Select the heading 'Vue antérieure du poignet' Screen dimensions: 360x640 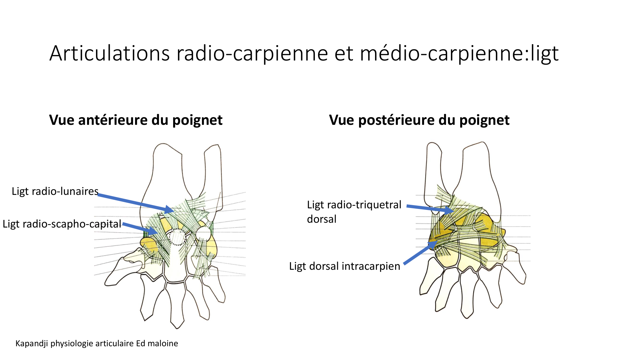coord(136,120)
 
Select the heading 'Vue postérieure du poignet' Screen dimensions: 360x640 coord(419,120)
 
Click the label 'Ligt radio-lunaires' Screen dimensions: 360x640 coord(55,191)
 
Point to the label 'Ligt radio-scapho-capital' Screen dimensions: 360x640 coord(62,224)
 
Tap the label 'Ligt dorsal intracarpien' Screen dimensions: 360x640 coord(344,266)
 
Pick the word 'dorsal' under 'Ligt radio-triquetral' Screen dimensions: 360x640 coord(322,219)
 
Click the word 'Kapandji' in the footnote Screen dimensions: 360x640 coord(32,344)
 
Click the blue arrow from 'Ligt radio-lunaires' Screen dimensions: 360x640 coord(134,202)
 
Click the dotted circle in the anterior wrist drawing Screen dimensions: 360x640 coord(177,237)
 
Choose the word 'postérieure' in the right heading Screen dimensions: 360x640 coord(397,120)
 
